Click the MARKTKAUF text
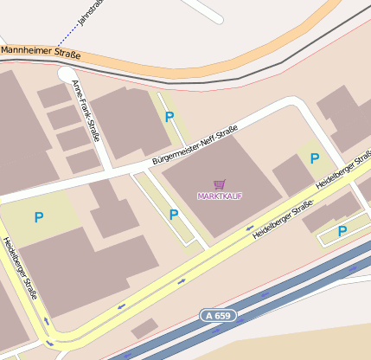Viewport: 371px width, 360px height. (220, 196)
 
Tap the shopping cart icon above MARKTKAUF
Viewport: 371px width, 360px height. (219, 184)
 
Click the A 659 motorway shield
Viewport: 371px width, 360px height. (220, 316)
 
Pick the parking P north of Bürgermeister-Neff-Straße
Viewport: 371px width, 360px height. (170, 116)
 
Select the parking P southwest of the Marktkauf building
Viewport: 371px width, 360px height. (174, 214)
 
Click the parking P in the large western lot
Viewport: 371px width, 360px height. (39, 216)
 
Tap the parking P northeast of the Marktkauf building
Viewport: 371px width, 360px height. (315, 158)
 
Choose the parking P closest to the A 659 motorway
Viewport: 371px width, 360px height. (342, 230)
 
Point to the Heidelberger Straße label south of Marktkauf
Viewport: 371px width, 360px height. (281, 221)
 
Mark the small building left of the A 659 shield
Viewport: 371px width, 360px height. (145, 328)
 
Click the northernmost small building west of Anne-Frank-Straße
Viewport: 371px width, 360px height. (53, 95)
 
